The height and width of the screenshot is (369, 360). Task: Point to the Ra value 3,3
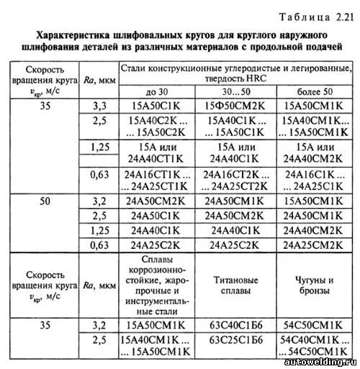(x=99, y=106)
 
